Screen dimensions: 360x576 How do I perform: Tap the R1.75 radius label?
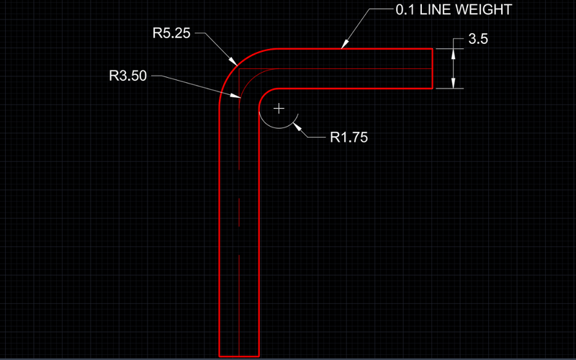(348, 138)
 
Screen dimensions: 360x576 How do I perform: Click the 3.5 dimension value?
(478, 40)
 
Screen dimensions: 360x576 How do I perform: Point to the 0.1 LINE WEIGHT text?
(453, 11)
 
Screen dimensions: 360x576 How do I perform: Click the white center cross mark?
(279, 109)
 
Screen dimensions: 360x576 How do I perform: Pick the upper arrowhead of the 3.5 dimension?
(452, 53)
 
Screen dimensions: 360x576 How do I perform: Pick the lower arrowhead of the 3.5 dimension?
(452, 84)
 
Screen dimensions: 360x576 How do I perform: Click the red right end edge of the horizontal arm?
(432, 68)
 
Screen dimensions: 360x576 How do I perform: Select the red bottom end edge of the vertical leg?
(238, 356)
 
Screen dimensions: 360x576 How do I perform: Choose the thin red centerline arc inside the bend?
(249, 77)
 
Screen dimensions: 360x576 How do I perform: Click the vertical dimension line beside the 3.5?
(452, 68)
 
